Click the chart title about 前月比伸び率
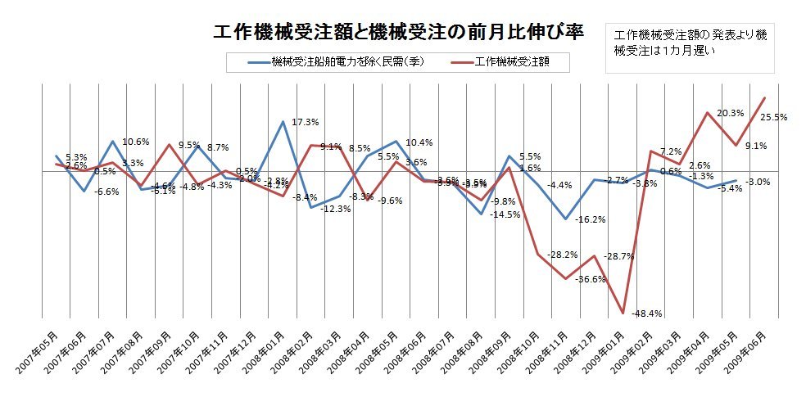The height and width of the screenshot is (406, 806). [x=398, y=32]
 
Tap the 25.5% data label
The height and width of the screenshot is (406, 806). [x=773, y=117]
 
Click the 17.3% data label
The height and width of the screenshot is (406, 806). [x=305, y=122]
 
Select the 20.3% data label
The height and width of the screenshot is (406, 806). [x=730, y=113]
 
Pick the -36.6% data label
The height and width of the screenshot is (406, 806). [x=590, y=279]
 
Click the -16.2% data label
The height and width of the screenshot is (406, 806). [x=590, y=219]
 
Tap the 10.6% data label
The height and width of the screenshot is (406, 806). [x=136, y=142]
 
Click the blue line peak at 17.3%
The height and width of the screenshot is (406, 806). [x=283, y=122]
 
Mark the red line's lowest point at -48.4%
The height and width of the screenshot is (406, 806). [x=623, y=314]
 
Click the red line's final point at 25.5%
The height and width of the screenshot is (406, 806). [x=765, y=98]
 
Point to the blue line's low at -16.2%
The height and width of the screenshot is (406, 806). [x=566, y=219]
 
